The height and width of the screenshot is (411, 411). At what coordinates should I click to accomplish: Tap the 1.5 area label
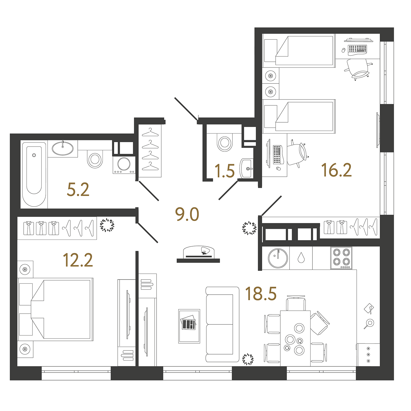pos(225,171)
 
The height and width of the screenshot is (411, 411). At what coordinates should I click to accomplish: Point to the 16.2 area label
pos(337,170)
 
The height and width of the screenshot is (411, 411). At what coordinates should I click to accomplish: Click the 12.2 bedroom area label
pos(78,260)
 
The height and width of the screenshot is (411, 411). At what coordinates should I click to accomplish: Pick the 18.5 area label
pos(261,294)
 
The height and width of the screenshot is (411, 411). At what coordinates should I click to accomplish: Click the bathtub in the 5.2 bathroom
pos(34,174)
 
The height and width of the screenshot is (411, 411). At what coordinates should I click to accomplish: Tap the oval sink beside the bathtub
pos(63,148)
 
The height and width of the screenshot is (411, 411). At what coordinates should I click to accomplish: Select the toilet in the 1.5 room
pos(225,142)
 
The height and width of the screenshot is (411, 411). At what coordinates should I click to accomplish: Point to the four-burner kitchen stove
pos(341,258)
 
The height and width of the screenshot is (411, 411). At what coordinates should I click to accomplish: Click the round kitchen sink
pos(278,258)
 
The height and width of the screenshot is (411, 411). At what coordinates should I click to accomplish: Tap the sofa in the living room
pos(222,324)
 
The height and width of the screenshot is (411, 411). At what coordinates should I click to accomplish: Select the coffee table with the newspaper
pos(189,326)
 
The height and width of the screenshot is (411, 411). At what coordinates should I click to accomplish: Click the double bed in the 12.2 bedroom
pos(55,309)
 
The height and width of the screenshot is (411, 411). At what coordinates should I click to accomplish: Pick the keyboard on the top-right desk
pos(357,49)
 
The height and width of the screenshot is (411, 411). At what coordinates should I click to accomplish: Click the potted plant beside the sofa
pos(248,359)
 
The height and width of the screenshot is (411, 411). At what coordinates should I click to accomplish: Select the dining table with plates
pos(295,338)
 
